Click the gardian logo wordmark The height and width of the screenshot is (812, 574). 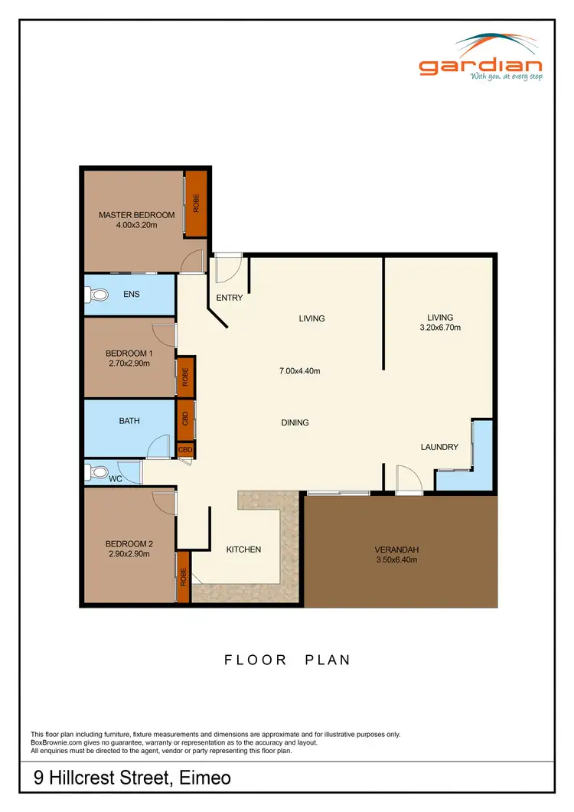pos(480,67)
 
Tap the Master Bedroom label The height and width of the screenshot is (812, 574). pos(136,215)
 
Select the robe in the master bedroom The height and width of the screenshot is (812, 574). pos(197,203)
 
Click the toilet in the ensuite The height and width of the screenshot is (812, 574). pos(96,294)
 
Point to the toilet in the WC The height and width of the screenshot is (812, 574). pos(96,472)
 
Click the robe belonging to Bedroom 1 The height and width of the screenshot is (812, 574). pos(184,377)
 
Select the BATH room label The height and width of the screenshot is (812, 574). pos(129,420)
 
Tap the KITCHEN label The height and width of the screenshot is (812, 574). pos(243,549)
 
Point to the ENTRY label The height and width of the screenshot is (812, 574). pos(230,298)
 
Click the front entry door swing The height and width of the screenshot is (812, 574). pos(227,268)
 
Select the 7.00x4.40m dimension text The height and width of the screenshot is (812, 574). pos(299,371)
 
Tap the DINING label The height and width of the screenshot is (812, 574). pos(295,422)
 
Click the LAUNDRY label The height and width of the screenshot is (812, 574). pos(439,447)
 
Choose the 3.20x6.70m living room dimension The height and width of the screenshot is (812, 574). pos(440,328)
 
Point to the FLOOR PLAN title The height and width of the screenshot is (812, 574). pos(287,660)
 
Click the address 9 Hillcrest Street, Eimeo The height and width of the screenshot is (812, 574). pos(132,779)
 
